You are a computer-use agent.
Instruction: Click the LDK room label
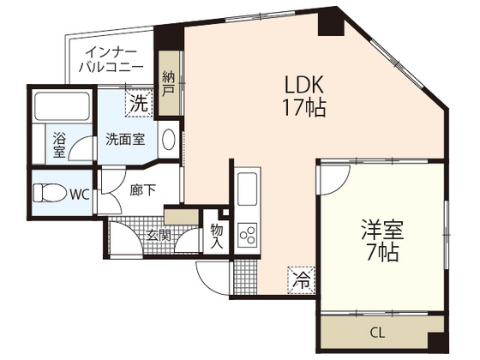[305, 85]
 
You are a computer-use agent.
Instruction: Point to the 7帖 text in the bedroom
[382, 254]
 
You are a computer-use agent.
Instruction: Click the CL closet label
[377, 333]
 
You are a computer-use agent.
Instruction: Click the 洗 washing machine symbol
[138, 104]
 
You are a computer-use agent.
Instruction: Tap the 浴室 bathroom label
[59, 143]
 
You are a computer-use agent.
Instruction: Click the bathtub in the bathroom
[61, 108]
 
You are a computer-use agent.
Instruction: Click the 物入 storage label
[216, 237]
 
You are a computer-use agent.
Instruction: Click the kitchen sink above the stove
[247, 188]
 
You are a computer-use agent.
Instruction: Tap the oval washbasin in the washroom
[169, 139]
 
